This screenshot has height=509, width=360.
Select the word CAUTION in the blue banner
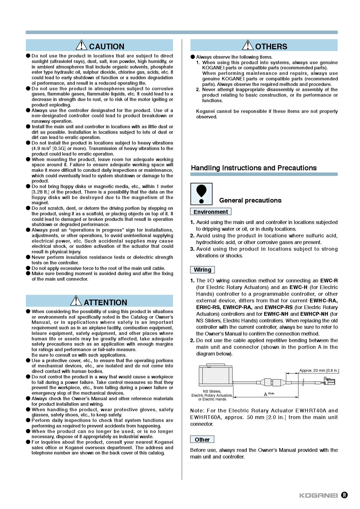point(107,46)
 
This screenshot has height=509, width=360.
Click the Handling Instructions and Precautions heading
point(254,168)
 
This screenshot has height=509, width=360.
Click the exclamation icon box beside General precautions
point(201,194)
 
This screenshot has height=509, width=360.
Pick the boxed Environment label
point(210,212)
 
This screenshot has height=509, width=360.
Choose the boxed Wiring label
point(202,270)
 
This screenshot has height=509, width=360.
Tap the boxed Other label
point(202,439)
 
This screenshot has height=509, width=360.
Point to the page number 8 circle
point(344,495)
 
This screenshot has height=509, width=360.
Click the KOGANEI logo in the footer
point(318,496)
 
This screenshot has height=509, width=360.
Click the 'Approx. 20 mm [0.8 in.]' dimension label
point(319,371)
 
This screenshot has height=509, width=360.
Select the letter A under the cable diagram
point(265,394)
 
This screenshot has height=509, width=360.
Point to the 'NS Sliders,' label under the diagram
point(212,391)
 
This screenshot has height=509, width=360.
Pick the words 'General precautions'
point(250,201)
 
